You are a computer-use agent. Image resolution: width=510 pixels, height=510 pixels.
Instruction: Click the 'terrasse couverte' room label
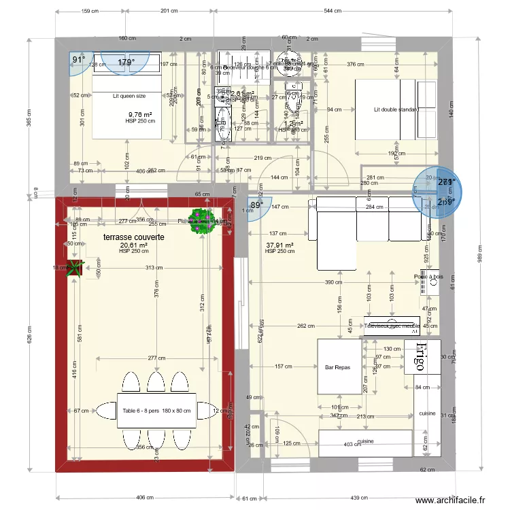point(133,237)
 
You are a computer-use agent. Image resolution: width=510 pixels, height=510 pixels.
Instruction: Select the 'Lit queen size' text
point(129,96)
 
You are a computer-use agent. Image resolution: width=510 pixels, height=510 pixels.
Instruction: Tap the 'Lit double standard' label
point(395,109)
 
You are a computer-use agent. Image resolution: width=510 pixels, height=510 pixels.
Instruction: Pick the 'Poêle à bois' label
point(428,276)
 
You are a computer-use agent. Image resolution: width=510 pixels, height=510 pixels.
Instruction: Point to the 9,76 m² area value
point(140,115)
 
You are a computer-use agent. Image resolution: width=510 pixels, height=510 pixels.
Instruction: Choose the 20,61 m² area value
point(133,245)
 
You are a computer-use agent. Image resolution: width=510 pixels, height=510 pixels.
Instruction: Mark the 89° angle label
point(256,205)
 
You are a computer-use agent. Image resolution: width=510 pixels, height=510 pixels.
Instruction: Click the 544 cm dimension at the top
point(333,12)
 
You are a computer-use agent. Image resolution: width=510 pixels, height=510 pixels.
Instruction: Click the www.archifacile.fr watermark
point(449,500)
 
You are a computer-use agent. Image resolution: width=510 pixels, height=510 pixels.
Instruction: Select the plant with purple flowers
point(203,226)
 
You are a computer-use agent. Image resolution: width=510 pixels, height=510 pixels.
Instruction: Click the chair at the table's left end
point(106,411)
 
